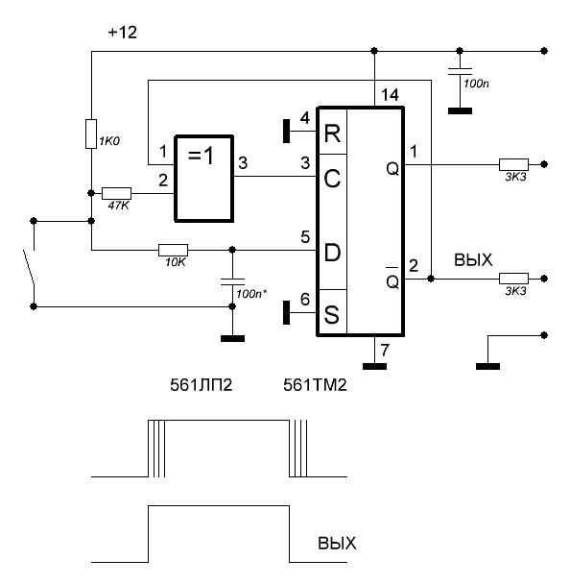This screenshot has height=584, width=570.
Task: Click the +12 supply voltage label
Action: [123, 33]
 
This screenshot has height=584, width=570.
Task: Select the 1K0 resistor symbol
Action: [91, 134]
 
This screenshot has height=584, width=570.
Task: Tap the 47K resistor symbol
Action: [116, 193]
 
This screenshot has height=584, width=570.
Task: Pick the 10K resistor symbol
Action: [173, 250]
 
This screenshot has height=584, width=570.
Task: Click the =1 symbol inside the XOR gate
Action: [202, 156]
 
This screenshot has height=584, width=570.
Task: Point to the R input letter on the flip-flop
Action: [332, 134]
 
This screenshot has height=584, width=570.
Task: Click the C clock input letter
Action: [332, 179]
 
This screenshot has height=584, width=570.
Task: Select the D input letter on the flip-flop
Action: [332, 253]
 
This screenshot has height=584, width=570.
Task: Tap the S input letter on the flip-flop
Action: [332, 314]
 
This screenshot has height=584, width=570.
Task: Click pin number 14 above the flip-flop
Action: [390, 95]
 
